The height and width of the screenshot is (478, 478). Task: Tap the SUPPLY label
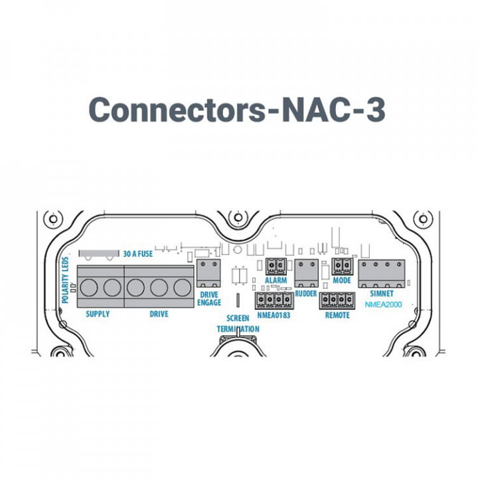coord(98,314)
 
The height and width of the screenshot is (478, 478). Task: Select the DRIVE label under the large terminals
coord(159,314)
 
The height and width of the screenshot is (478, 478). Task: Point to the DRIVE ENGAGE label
coord(210,299)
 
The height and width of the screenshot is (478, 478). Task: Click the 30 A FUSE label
coord(139,253)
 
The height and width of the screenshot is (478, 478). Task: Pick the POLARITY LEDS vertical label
coord(65,279)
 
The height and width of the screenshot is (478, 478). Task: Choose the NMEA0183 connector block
coord(273,302)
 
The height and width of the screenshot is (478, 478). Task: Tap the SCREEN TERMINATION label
coord(238,324)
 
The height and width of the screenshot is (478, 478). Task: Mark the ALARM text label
coord(276,281)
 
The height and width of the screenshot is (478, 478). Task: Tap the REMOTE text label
coord(337,315)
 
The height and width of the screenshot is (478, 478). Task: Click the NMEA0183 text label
coord(273,315)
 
